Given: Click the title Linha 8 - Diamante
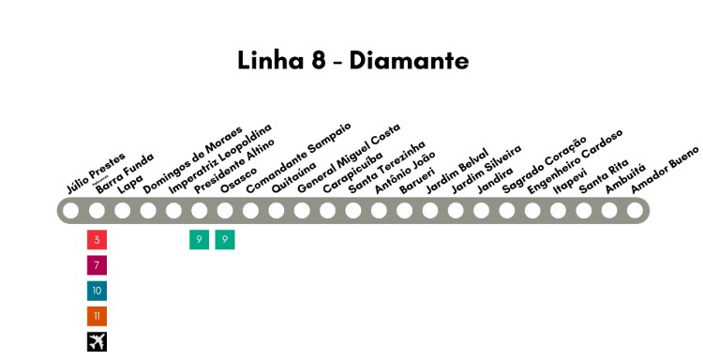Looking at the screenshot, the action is tap(352, 61).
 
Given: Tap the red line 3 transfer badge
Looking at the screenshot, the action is tap(97, 240).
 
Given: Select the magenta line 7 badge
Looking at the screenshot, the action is tap(97, 265).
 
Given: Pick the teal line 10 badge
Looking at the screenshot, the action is tap(97, 291).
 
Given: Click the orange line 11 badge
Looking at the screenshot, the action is tap(97, 316).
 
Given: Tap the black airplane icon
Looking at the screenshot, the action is tap(97, 341).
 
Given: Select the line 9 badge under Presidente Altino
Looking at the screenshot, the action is tap(199, 240).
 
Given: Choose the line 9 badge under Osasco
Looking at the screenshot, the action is tap(225, 240).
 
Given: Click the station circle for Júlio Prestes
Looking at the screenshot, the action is tap(71, 211).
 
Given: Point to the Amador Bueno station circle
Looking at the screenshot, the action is tap(635, 211).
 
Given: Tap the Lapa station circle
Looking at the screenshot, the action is tap(123, 211).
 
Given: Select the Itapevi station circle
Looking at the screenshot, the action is tap(558, 211).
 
